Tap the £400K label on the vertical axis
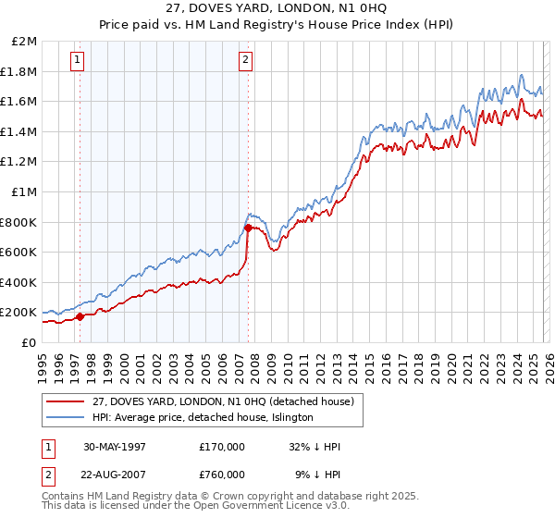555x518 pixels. [18, 282]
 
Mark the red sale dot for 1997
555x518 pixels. [80, 316]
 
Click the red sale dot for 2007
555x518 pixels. [248, 228]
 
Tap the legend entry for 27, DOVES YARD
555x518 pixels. [216, 401]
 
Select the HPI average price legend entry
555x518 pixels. [203, 417]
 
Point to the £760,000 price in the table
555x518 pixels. [221, 474]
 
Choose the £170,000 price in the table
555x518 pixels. [221, 447]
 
